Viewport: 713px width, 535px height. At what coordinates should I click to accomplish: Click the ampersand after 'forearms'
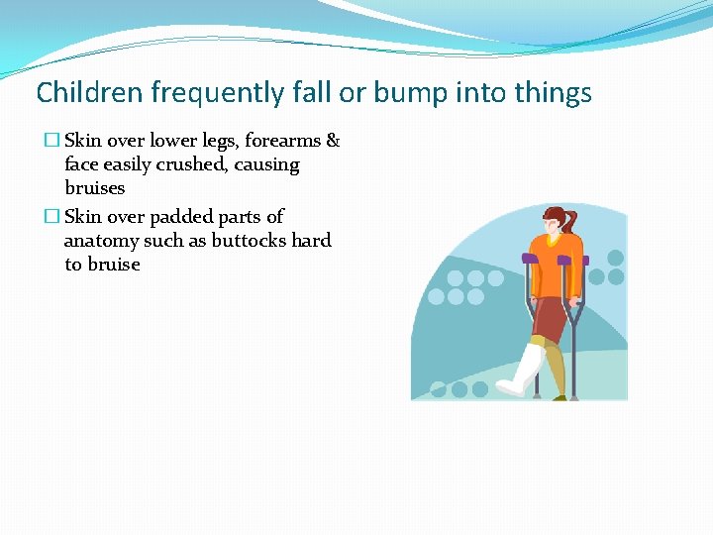click(x=333, y=141)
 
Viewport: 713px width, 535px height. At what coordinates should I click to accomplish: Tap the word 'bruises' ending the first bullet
click(x=95, y=188)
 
